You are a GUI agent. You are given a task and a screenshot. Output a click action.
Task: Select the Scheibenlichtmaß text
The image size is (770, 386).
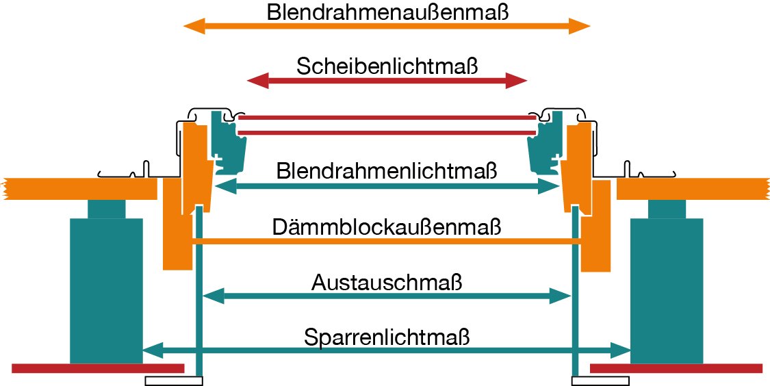[387, 66]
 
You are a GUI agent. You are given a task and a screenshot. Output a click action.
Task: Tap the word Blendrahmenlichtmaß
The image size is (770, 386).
[387, 170]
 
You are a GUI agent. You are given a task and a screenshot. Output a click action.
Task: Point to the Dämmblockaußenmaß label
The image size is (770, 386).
[387, 227]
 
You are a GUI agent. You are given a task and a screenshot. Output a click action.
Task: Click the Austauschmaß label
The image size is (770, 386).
[387, 282]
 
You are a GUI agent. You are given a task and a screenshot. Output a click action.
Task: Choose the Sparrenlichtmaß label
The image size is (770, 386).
[387, 337]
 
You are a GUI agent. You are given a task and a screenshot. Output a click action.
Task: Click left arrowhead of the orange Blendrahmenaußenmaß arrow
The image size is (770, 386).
[194, 27]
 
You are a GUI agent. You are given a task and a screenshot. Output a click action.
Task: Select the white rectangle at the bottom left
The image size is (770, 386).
[174, 381]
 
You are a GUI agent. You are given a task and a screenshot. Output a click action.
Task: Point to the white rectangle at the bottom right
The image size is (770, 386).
[600, 381]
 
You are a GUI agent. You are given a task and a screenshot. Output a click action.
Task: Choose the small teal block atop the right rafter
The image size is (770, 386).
[667, 209]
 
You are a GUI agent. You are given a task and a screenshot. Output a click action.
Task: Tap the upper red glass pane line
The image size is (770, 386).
[387, 118]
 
